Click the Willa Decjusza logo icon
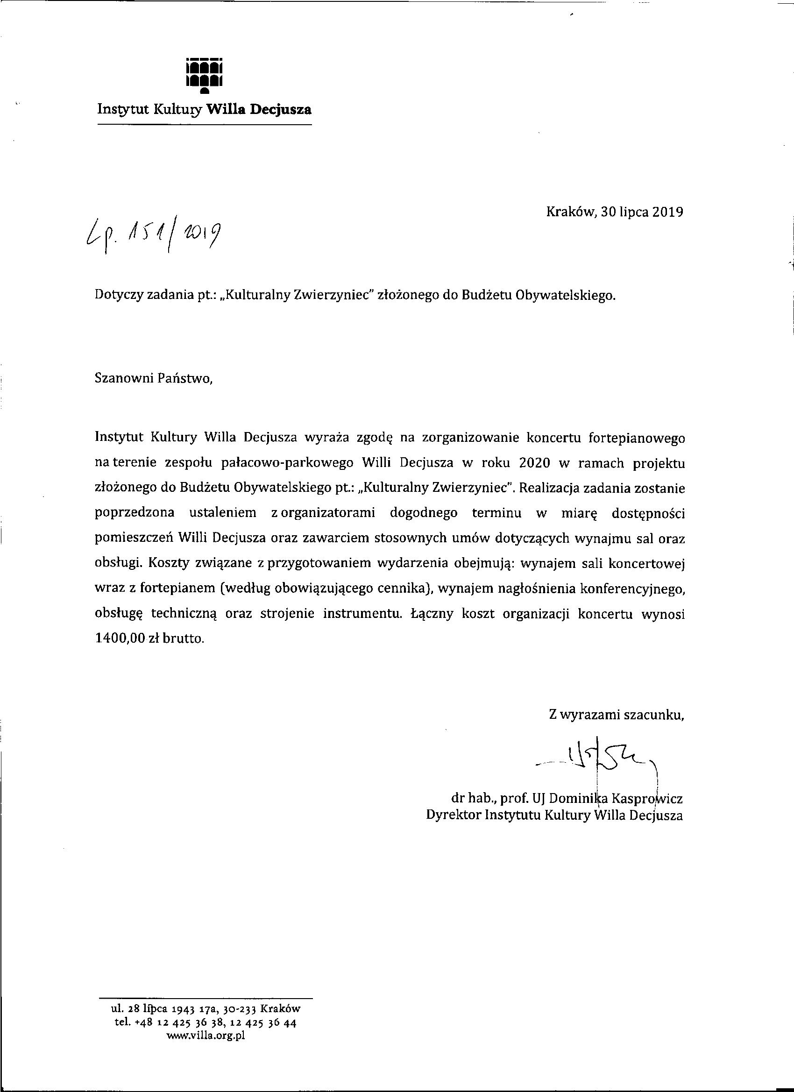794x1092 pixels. [x=204, y=75]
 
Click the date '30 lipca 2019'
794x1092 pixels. [x=642, y=212]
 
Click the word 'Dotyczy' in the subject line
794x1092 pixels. [x=120, y=296]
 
